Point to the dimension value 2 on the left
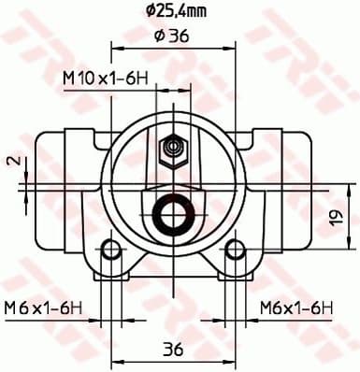tap(12, 161)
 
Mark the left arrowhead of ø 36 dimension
tap(115, 47)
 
